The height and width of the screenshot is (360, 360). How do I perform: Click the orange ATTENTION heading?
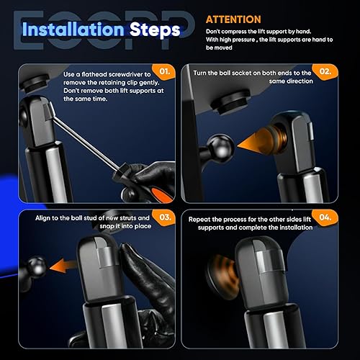[x=233, y=19]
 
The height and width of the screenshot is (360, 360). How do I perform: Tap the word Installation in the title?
[x=73, y=30]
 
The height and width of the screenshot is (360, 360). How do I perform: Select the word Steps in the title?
[x=155, y=30]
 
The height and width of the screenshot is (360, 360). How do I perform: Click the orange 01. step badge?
[x=165, y=71]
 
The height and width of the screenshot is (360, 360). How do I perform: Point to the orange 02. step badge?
[x=325, y=71]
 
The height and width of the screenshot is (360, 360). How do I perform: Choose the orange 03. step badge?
[x=165, y=217]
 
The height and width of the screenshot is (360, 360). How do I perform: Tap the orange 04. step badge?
[x=325, y=217]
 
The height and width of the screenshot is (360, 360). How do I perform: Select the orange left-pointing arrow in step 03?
[x=63, y=266]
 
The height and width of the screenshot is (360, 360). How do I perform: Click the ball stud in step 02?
[x=220, y=146]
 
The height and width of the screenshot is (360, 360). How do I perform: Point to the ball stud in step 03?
[x=35, y=267]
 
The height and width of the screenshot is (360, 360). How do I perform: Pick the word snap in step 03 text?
[x=107, y=226]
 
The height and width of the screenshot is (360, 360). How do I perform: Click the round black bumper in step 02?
[x=230, y=102]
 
